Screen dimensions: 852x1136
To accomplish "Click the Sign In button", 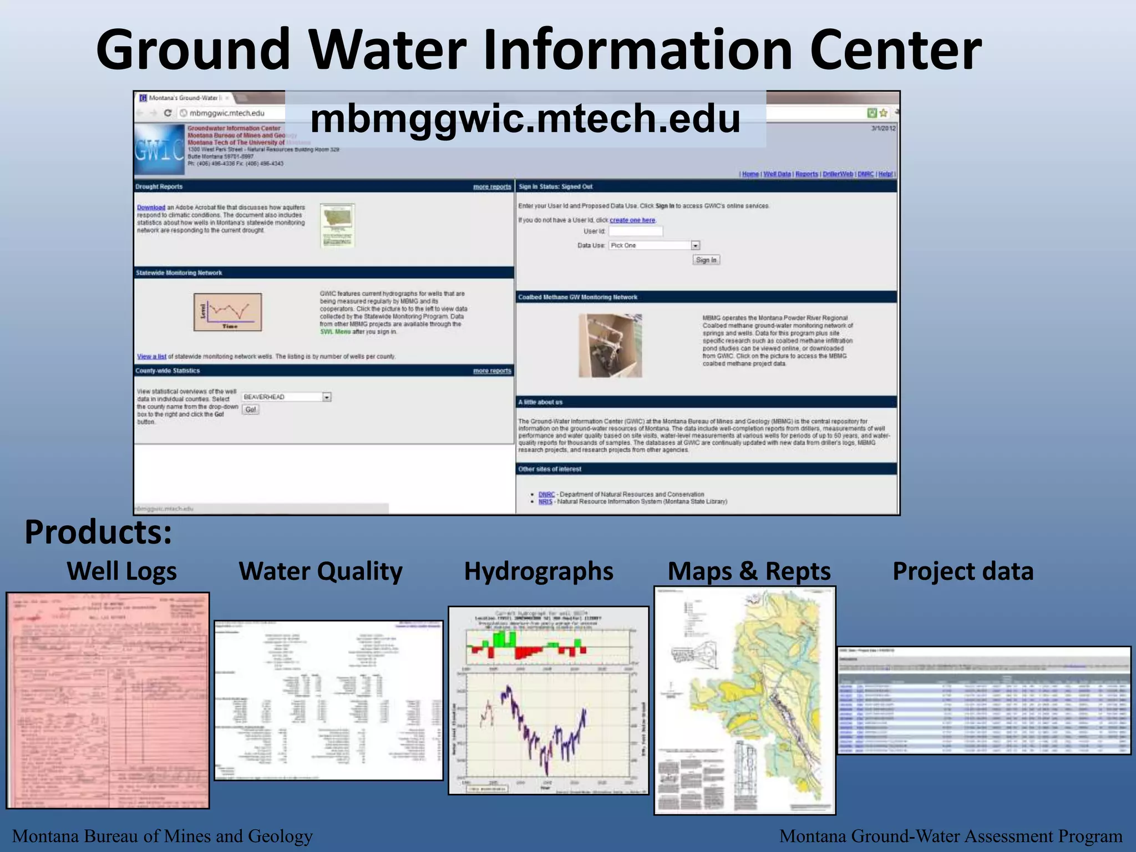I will pyautogui.click(x=706, y=260).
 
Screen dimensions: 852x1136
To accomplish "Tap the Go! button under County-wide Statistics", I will pyautogui.click(x=251, y=409).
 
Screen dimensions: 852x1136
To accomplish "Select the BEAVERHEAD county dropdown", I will pyautogui.click(x=286, y=397).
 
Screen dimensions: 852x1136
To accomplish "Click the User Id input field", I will pyautogui.click(x=636, y=231).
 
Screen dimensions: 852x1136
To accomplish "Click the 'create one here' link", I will pyautogui.click(x=632, y=220).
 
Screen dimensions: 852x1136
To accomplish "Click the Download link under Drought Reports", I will pyautogui.click(x=151, y=207).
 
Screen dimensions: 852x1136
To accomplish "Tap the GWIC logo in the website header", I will pyautogui.click(x=159, y=150).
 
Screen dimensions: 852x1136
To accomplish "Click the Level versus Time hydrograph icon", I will pyautogui.click(x=227, y=312).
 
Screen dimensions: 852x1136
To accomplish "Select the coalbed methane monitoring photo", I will pyautogui.click(x=610, y=346).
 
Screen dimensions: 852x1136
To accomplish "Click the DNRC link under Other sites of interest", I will pyautogui.click(x=546, y=494).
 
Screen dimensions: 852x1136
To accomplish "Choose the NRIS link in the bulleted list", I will pyautogui.click(x=545, y=501).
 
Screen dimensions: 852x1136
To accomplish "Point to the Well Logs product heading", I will pyautogui.click(x=121, y=571).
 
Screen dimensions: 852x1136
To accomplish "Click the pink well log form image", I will pyautogui.click(x=108, y=700).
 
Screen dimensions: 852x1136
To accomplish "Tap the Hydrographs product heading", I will pyautogui.click(x=538, y=571).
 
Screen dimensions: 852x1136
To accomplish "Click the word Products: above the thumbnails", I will pyautogui.click(x=98, y=532).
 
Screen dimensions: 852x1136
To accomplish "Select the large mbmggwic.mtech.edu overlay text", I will pyautogui.click(x=525, y=119).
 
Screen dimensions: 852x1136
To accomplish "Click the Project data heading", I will pyautogui.click(x=963, y=571).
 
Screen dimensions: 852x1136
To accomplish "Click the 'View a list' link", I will pyautogui.click(x=151, y=357).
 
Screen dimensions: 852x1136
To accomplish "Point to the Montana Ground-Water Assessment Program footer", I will pyautogui.click(x=950, y=836).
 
